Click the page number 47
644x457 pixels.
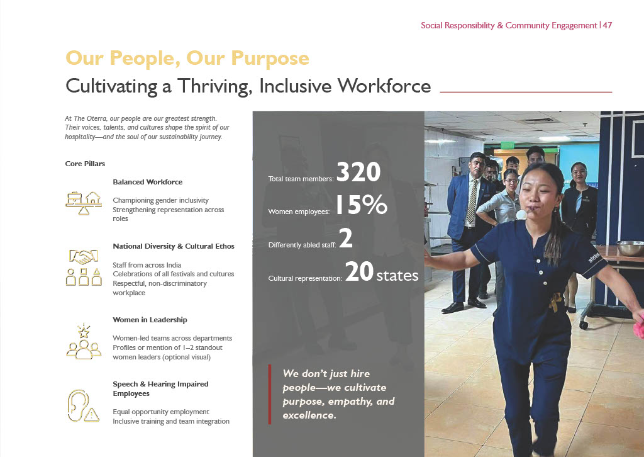pos(608,25)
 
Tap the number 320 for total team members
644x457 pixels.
pos(358,172)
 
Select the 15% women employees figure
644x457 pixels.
pos(362,205)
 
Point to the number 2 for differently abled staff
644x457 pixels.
pos(346,239)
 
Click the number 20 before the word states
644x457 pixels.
pos(359,272)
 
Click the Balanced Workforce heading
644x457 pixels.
pos(147,182)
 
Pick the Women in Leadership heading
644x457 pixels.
pos(150,320)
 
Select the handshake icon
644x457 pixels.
pos(84,257)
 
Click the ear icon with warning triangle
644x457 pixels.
pos(83,406)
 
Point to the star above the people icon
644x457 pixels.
pos(84,330)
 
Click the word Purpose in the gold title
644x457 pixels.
pos(270,59)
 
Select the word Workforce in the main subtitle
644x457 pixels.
pos(384,86)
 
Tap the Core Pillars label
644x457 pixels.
pos(85,164)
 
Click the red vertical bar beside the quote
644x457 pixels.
pos(270,394)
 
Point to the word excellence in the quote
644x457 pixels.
pos(309,415)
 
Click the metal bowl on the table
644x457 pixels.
pos(630,248)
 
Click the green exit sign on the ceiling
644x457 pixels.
pos(508,145)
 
